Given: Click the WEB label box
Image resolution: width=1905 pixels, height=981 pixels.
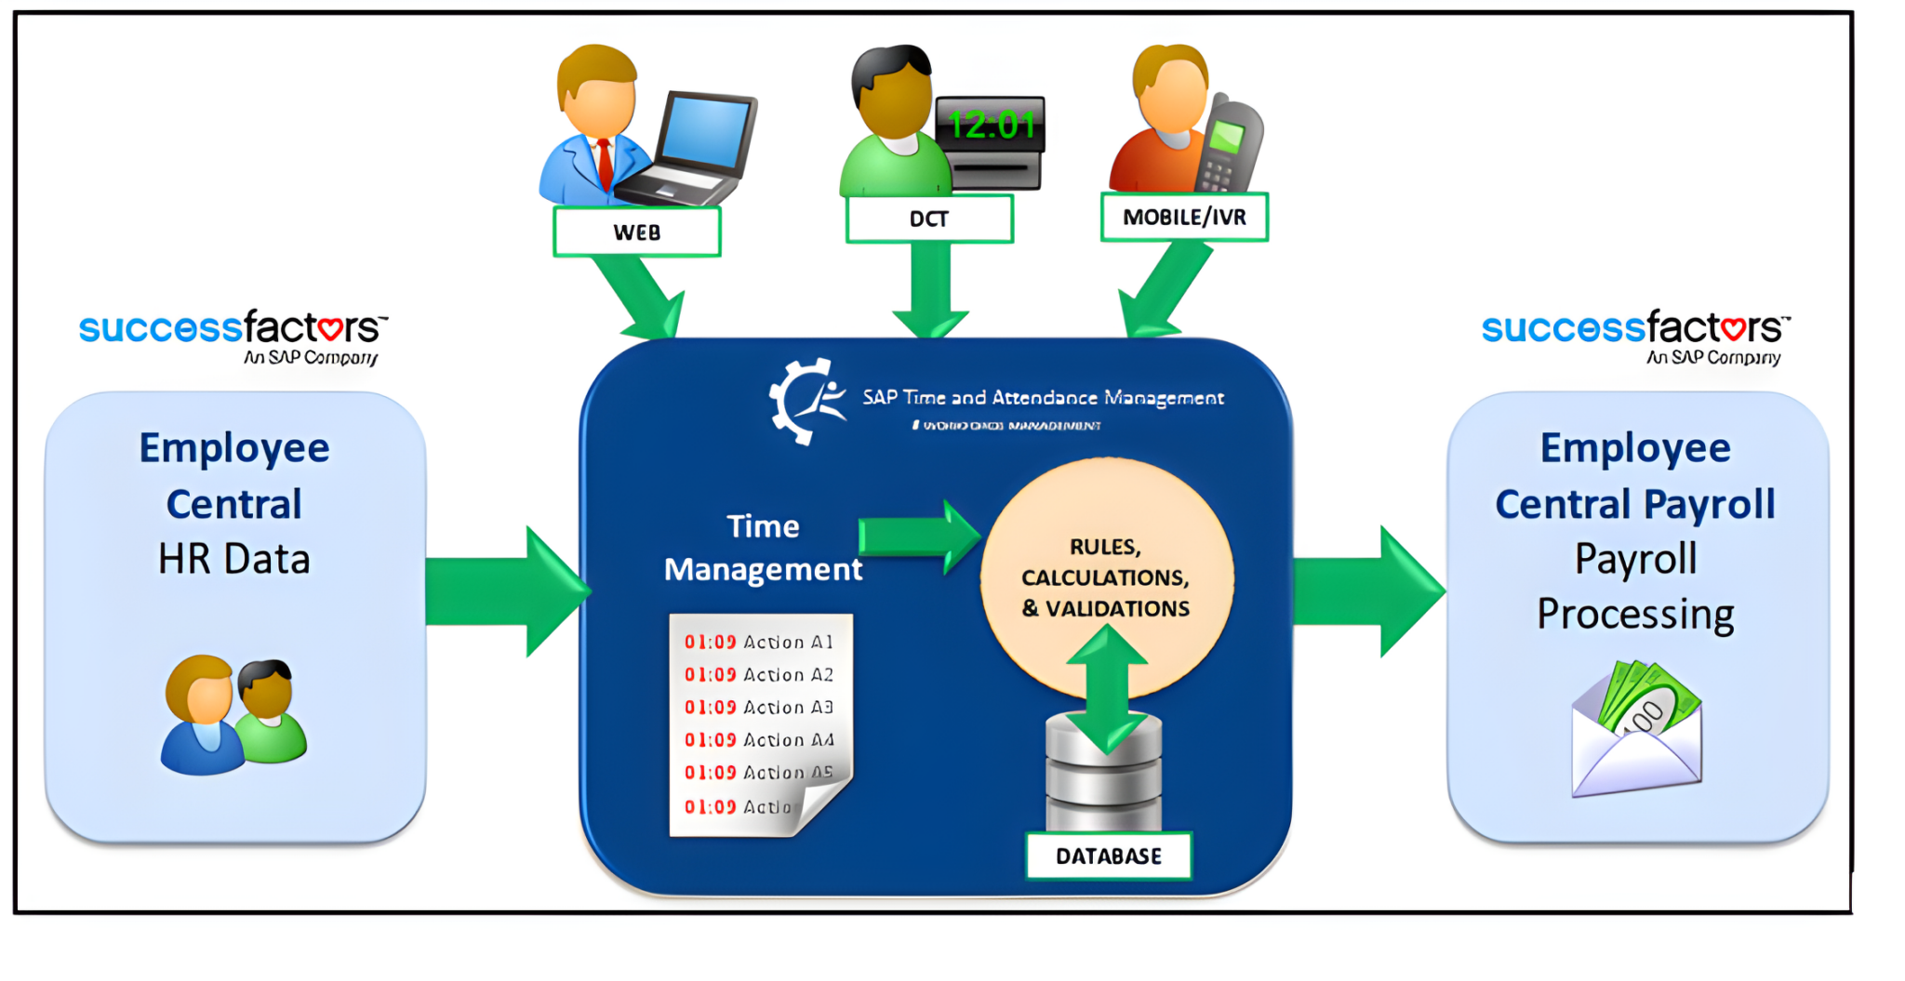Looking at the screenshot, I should coord(636,232).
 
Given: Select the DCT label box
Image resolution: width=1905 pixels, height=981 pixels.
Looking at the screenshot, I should coord(928,219).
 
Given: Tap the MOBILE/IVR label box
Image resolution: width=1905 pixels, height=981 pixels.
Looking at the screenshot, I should coord(1183,217).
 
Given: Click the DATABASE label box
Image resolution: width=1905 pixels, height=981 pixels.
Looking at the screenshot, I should coord(1108,855).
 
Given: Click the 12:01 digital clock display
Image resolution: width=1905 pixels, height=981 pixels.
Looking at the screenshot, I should coord(991,125).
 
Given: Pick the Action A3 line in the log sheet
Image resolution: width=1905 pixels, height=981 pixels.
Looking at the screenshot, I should coord(758,708).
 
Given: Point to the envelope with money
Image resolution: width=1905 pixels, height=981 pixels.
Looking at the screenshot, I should coord(1636,731).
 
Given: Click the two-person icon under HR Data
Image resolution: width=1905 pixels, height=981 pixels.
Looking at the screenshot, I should coord(233,714).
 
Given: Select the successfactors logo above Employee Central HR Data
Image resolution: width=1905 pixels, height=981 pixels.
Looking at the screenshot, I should coord(233,336).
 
